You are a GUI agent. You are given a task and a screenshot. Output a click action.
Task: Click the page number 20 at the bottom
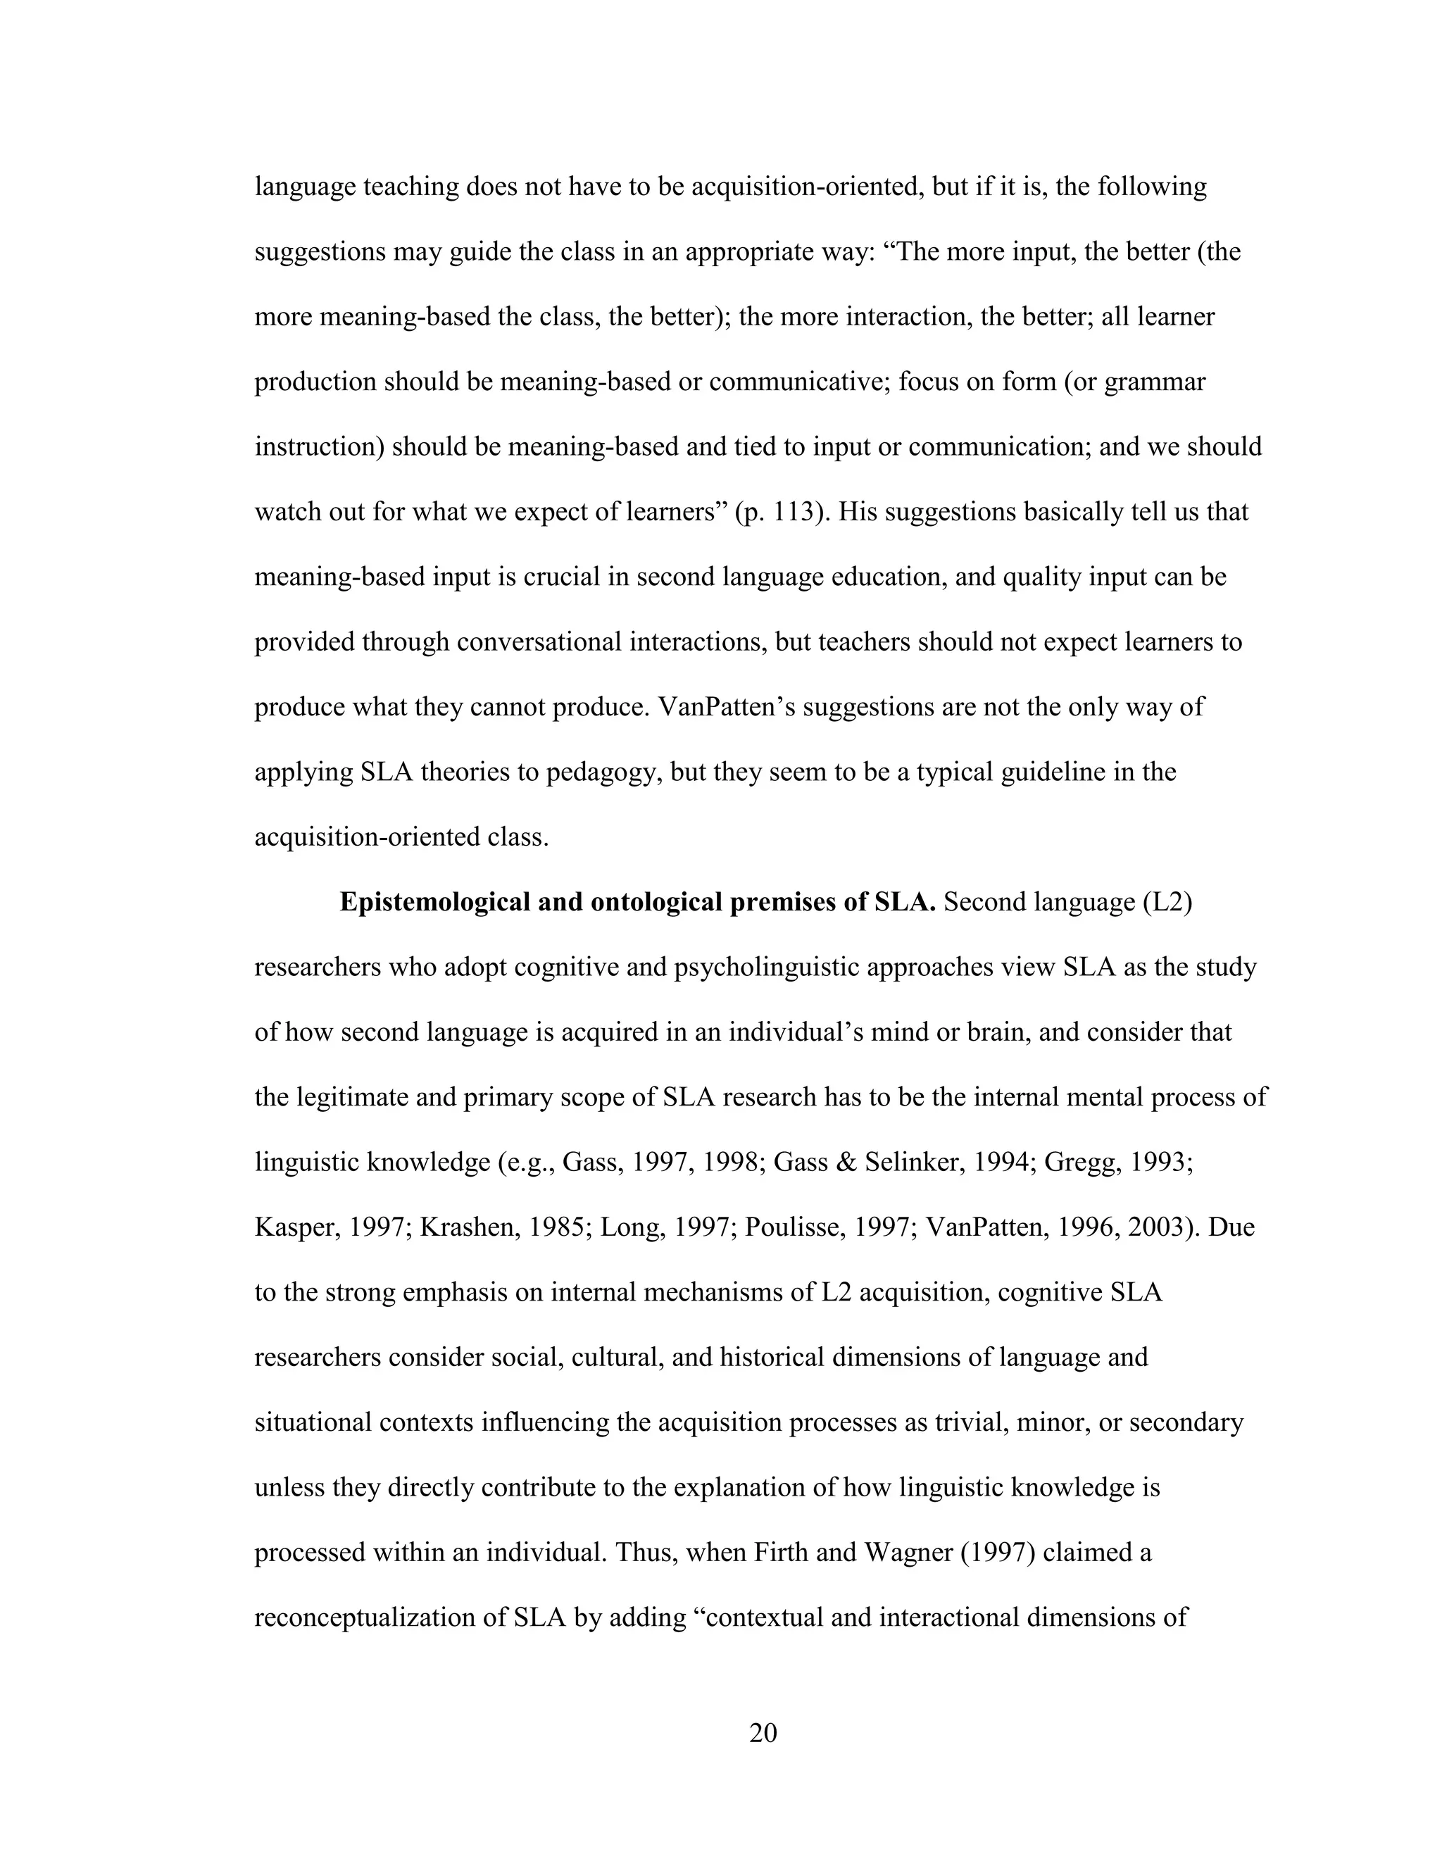pos(762,1733)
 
